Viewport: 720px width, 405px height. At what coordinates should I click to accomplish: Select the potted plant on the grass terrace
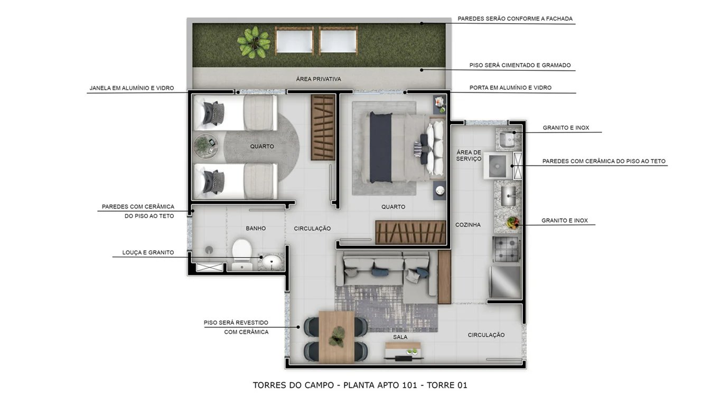(x=254, y=41)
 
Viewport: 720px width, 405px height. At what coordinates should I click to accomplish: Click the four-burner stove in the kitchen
(x=507, y=249)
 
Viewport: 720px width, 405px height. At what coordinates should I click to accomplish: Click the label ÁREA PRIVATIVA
(x=319, y=79)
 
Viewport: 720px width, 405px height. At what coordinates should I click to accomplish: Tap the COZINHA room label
(x=468, y=225)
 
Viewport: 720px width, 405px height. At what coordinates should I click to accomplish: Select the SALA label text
(x=400, y=337)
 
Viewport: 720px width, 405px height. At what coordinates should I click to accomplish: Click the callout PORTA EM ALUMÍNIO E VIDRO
(x=510, y=88)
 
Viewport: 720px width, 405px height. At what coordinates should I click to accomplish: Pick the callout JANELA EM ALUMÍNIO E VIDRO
(x=132, y=88)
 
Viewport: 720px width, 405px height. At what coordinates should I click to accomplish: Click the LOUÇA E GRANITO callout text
(x=148, y=252)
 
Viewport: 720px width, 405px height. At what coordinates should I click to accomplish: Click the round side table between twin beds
(x=205, y=146)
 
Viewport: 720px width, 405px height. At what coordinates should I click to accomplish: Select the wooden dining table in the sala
(x=336, y=336)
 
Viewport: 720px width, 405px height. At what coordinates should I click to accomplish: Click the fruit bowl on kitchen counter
(x=512, y=222)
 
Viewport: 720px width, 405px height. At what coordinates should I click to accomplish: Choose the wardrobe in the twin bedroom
(x=323, y=127)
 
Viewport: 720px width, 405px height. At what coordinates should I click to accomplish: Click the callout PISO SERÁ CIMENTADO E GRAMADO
(x=520, y=65)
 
